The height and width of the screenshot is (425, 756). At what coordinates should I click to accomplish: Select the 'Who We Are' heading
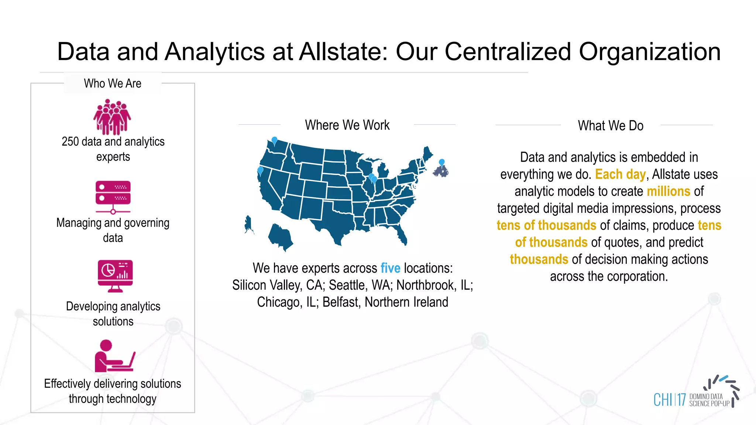[x=113, y=83]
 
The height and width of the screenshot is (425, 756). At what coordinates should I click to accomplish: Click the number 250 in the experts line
[x=70, y=142]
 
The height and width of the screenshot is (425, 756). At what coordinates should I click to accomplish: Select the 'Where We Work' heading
[x=347, y=125]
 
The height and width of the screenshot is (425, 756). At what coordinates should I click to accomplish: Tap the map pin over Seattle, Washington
[x=274, y=140]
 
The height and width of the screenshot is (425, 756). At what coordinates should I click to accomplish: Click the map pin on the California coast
[x=260, y=170]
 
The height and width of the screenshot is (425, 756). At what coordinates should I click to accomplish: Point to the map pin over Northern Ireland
[x=441, y=162]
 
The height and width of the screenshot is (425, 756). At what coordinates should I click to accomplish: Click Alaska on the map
[x=248, y=224]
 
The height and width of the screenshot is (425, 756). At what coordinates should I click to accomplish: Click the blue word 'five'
[x=390, y=268]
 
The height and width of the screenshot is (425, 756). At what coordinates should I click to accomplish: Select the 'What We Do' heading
[x=611, y=126]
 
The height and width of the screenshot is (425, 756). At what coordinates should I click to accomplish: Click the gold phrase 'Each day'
[x=620, y=174]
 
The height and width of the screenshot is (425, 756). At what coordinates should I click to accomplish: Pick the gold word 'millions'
[x=668, y=191]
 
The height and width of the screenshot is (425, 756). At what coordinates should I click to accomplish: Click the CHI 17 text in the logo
[x=669, y=400]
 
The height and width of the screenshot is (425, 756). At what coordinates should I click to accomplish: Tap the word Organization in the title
[x=649, y=52]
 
